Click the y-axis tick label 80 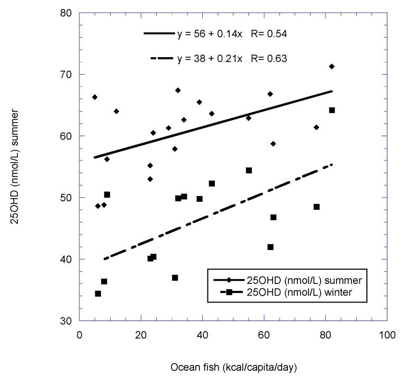(66, 13)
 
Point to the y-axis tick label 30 (66, 321)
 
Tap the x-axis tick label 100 (387, 335)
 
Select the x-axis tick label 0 (79, 335)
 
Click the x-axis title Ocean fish (233, 367)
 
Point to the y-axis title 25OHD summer (19, 166)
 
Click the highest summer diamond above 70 (332, 66)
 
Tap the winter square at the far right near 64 (332, 110)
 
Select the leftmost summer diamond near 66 (95, 97)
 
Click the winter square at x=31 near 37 (175, 278)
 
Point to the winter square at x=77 (316, 207)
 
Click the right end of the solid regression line (332, 91)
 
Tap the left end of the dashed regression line (104, 259)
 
